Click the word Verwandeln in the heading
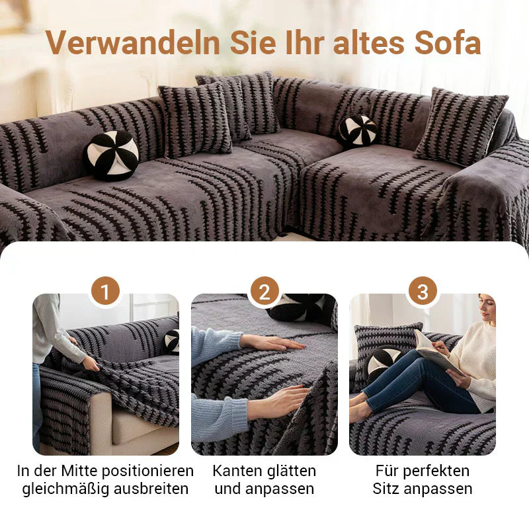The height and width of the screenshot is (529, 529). point(133,43)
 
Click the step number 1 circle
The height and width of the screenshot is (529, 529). point(106,292)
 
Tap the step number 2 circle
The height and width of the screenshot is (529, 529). point(264,292)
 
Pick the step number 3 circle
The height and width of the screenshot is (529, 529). point(423,292)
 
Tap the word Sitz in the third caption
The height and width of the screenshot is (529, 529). point(386,489)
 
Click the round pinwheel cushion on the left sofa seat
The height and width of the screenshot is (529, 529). point(111,155)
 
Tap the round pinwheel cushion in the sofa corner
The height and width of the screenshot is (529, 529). point(358,130)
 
